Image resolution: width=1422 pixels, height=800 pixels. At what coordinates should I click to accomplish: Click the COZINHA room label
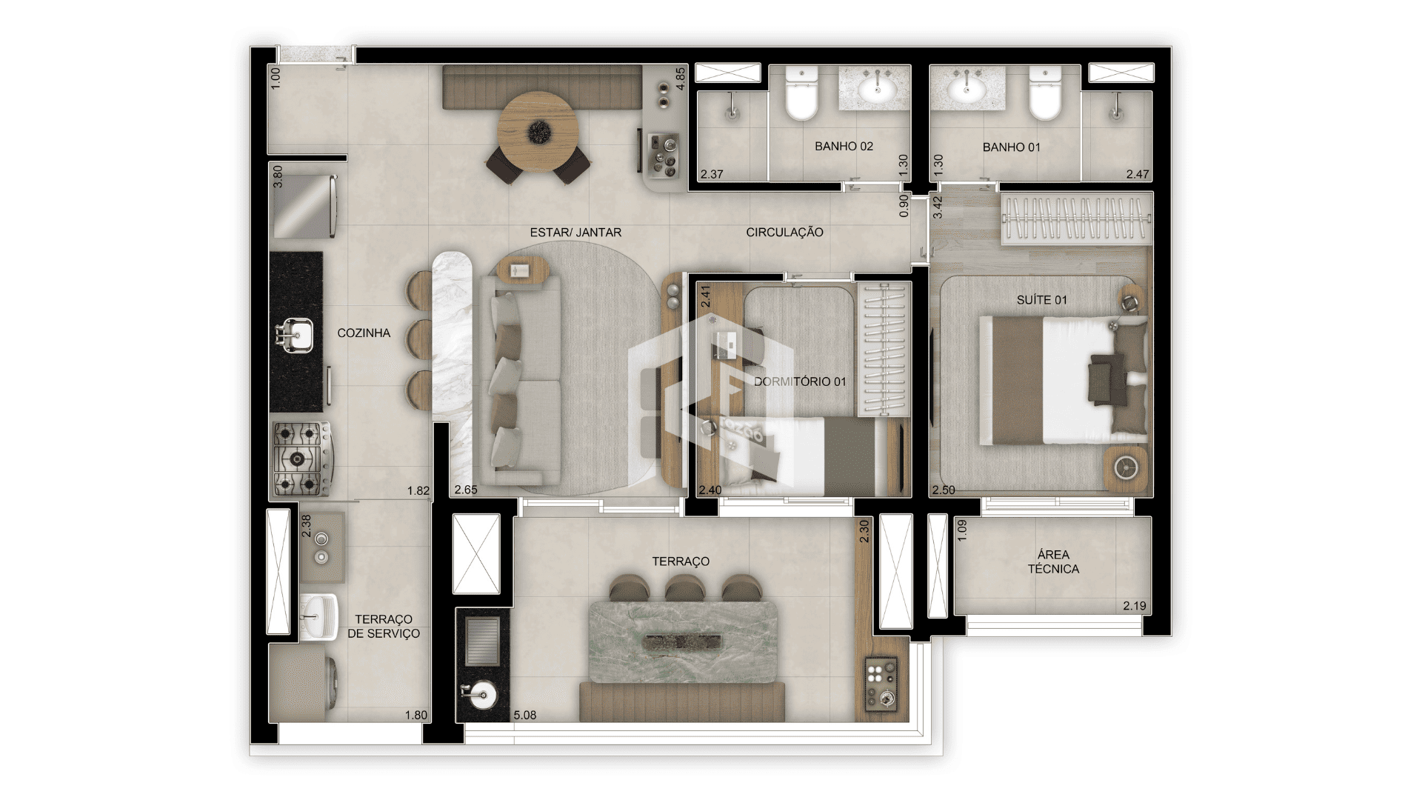364,333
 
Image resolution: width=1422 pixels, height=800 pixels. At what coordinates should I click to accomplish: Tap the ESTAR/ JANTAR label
575,233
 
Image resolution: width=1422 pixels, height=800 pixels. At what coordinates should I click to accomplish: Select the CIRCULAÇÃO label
784,233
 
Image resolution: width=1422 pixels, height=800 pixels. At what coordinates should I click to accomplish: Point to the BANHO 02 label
844,147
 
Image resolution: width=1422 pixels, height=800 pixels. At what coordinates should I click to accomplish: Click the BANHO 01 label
1011,147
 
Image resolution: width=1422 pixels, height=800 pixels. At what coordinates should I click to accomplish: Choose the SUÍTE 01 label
1041,300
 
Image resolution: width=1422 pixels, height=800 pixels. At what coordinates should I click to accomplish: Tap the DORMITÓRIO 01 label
800,382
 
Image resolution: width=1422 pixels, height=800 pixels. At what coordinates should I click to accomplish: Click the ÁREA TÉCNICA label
1053,562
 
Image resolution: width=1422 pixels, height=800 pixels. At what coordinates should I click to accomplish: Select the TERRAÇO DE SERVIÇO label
384,627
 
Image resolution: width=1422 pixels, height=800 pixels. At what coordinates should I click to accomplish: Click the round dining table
538,132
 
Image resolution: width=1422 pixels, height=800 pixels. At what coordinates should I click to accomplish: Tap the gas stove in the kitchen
302,459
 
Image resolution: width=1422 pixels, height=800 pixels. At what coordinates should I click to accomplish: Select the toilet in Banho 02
800,93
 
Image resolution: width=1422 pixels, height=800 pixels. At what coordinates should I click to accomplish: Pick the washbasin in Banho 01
967,88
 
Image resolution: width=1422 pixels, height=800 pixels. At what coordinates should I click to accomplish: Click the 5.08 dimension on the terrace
524,716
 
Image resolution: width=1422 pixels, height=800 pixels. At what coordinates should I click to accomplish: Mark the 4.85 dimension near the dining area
681,80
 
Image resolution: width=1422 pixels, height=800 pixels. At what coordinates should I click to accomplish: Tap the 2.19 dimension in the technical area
1134,606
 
